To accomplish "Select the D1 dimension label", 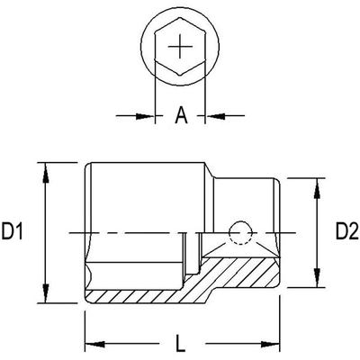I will coord(13,233).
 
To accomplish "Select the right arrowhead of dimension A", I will coord(216,115).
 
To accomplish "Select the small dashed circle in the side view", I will coord(239,234).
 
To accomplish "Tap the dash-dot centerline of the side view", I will coord(135,234).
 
